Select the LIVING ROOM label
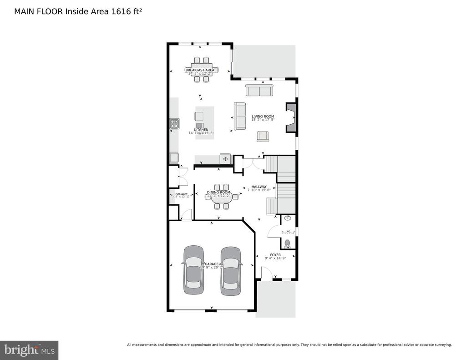pos(263,117)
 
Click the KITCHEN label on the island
pos(201,130)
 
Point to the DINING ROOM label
pos(219,193)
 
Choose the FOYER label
pos(275,255)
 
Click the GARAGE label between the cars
pos(212,264)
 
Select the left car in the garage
pos(193,270)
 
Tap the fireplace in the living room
pos(291,117)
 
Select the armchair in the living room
pos(263,136)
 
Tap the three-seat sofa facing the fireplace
pos(239,116)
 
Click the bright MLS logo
pos(29,350)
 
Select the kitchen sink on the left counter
pos(174,158)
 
